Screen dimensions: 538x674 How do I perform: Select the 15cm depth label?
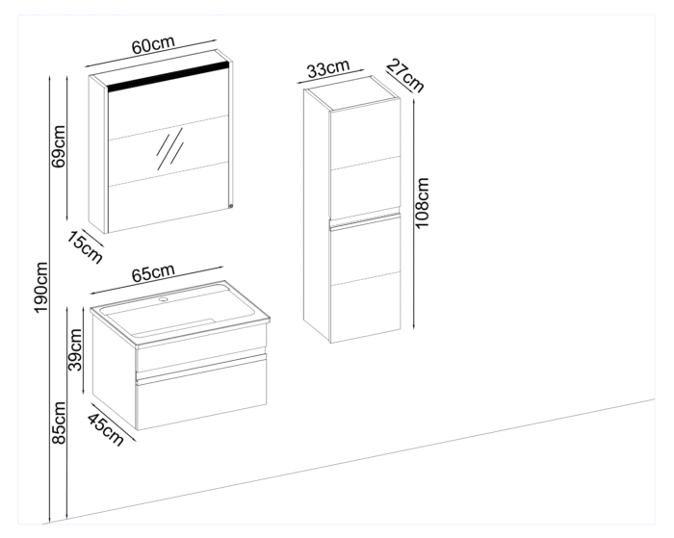(x=85, y=247)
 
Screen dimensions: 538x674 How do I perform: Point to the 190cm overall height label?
(x=41, y=293)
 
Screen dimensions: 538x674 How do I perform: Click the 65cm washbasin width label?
(x=153, y=274)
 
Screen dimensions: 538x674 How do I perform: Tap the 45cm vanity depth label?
(x=105, y=428)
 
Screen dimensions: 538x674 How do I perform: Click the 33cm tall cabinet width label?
(x=327, y=68)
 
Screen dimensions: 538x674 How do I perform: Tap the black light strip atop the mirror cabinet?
(x=168, y=79)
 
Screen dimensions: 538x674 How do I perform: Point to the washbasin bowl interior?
(x=178, y=315)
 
